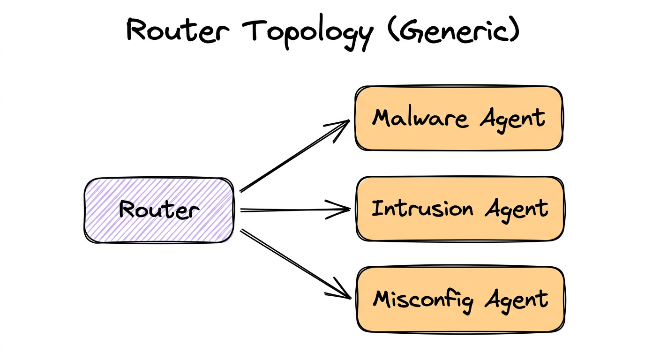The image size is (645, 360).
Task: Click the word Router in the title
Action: pyautogui.click(x=178, y=31)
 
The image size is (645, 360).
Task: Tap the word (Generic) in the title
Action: pyautogui.click(x=453, y=31)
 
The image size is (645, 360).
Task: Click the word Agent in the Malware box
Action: pyautogui.click(x=513, y=119)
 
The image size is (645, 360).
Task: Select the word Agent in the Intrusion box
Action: pyautogui.click(x=516, y=210)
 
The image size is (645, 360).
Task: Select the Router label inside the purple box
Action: pyautogui.click(x=158, y=210)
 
